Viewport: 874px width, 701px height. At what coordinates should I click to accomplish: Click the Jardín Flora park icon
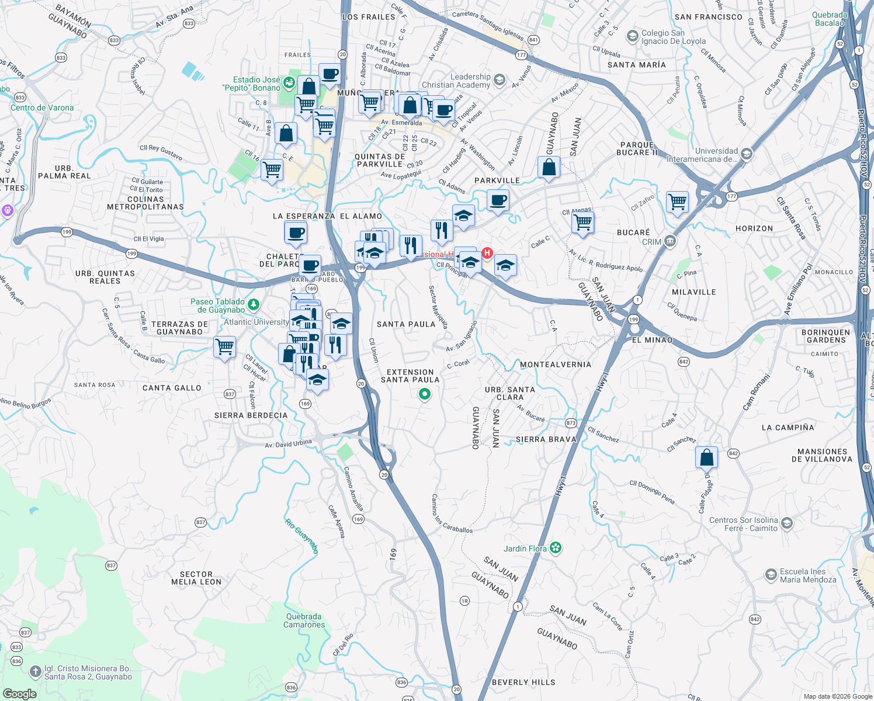[556, 548]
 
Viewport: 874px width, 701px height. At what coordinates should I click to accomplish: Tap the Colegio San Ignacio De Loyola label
[673, 37]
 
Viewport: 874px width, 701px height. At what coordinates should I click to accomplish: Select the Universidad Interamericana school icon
[746, 154]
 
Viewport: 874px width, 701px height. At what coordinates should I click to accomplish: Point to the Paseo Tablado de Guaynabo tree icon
[253, 304]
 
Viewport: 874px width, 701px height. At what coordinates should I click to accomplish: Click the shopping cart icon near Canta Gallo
[225, 347]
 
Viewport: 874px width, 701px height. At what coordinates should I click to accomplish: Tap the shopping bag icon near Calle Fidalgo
[706, 457]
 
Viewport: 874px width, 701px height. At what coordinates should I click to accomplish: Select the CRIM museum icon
[670, 241]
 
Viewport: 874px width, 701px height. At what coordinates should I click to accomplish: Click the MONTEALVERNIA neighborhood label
[555, 365]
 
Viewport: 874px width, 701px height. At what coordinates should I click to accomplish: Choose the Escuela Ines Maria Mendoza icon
[771, 575]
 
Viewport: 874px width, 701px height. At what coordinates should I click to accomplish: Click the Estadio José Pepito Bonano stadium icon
[288, 83]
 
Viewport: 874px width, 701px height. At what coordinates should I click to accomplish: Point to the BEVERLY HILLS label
[523, 682]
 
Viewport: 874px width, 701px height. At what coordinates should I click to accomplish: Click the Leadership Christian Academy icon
[499, 80]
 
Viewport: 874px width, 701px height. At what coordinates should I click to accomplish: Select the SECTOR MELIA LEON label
[196, 578]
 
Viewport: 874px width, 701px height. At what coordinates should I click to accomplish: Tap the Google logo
[19, 693]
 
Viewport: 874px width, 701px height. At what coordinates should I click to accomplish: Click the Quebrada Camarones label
[304, 620]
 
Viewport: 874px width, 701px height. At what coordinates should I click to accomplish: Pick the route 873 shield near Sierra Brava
[571, 423]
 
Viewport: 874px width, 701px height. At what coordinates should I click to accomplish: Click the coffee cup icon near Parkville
[498, 201]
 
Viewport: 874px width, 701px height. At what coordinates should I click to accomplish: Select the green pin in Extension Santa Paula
[425, 395]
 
